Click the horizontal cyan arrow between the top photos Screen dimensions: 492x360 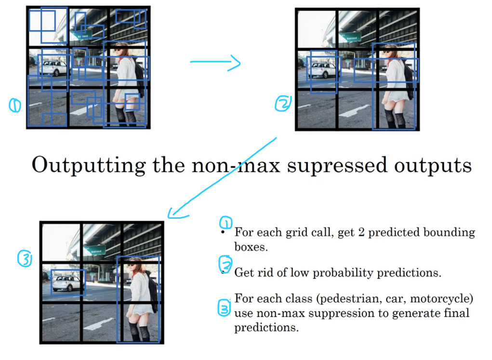tap(215, 63)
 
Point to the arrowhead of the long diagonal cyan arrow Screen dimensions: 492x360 tap(176, 213)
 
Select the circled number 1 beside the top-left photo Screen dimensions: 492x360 tap(15, 105)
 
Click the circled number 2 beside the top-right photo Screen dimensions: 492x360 tap(283, 104)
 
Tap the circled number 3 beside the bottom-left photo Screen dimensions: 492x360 tap(25, 258)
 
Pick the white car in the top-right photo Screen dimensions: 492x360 tap(323, 70)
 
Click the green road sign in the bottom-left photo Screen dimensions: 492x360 tap(95, 250)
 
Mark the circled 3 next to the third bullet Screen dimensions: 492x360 tap(224, 308)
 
